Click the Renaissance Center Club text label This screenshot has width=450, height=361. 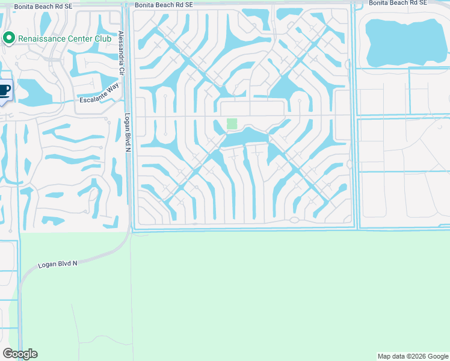point(65,39)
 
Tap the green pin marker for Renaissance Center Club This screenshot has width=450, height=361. point(9,39)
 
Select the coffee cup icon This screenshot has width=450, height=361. point(4,90)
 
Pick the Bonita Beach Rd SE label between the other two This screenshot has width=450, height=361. point(164,4)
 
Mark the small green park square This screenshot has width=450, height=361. point(232,124)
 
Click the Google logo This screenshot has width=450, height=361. point(20,354)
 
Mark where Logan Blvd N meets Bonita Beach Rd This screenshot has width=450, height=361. point(127,5)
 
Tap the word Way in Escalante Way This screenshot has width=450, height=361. point(111,100)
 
